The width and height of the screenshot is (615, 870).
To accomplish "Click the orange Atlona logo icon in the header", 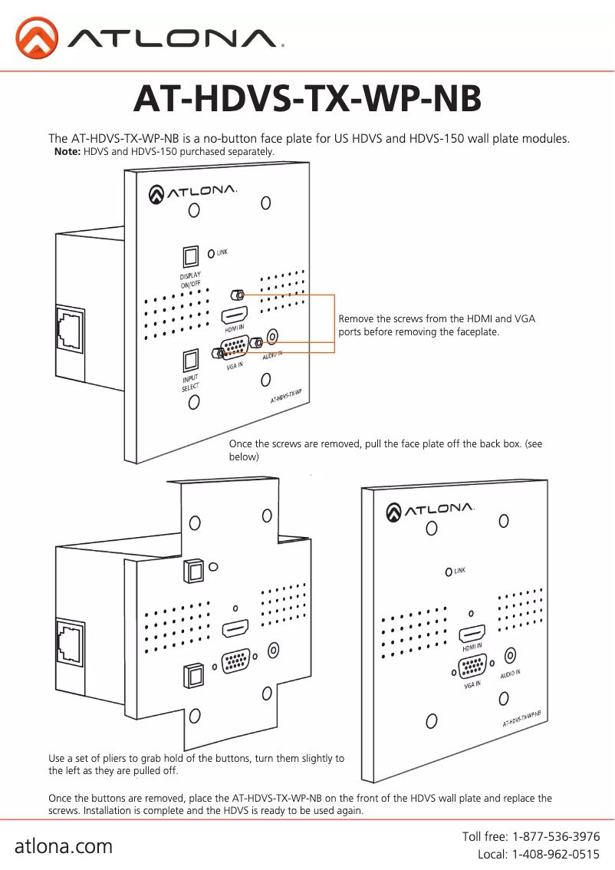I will click(x=37, y=38).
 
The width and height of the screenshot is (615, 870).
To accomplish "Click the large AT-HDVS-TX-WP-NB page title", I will click(x=307, y=99).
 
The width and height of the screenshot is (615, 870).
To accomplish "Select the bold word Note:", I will click(x=67, y=152).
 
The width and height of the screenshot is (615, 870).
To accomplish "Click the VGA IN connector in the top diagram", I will click(x=234, y=349).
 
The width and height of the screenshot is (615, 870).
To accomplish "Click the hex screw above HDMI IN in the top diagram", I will click(x=238, y=295).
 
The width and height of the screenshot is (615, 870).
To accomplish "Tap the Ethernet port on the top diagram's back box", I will click(x=67, y=331).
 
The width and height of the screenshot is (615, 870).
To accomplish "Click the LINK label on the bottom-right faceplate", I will click(x=460, y=571).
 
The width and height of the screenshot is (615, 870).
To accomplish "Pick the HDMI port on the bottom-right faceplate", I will click(x=472, y=634).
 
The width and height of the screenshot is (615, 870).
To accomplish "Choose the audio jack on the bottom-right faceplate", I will click(x=510, y=656).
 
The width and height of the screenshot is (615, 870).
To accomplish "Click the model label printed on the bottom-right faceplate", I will click(x=521, y=718).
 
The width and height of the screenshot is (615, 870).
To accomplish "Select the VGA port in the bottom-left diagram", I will click(x=237, y=661).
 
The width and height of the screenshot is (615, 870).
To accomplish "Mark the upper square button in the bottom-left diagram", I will click(x=192, y=570).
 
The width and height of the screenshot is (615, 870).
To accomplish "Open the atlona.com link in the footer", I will click(x=64, y=846).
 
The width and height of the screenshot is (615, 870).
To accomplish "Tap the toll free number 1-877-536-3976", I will click(x=556, y=836).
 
